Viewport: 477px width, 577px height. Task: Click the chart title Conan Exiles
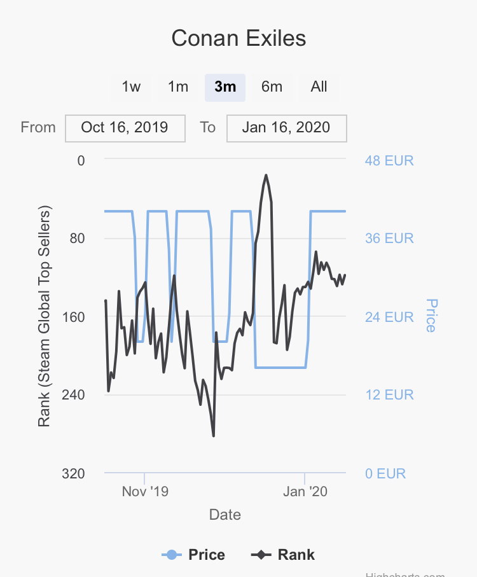tap(238, 38)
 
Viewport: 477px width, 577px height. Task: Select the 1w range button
tap(131, 87)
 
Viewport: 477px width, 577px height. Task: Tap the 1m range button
tap(178, 87)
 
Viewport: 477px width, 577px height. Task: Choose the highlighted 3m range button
tap(225, 87)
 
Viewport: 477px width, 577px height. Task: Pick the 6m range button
tap(272, 87)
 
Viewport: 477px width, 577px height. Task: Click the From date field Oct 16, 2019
tap(125, 127)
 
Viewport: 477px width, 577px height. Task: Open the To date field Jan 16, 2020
tap(286, 127)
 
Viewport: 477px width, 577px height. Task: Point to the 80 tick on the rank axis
tap(81, 239)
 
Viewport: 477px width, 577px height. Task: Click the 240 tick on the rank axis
tap(76, 395)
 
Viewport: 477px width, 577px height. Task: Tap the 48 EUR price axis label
tap(389, 160)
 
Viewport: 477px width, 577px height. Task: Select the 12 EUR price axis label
tap(389, 395)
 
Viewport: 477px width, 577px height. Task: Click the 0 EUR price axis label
tap(385, 473)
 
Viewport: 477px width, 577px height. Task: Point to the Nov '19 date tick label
tap(145, 492)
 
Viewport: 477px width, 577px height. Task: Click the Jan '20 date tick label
tap(305, 492)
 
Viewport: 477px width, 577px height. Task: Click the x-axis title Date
tap(225, 515)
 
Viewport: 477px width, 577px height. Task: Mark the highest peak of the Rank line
tap(266, 175)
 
